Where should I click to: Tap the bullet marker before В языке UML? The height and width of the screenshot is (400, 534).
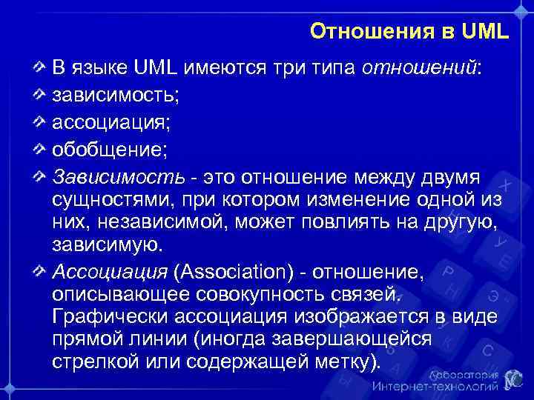(x=40, y=68)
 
